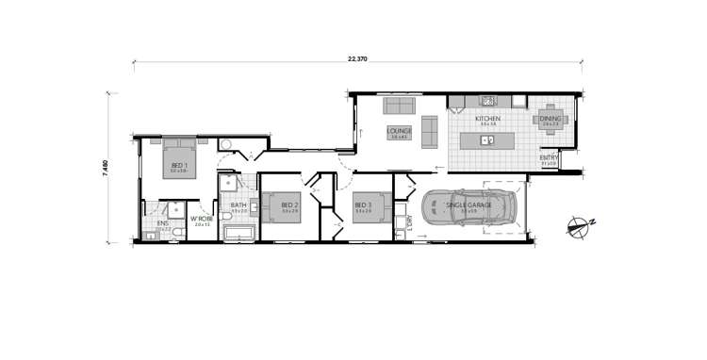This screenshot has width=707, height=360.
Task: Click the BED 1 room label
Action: pyautogui.click(x=179, y=166)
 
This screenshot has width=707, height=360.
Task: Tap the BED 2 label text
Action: pyautogui.click(x=288, y=205)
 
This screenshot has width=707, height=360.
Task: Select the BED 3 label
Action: pyautogui.click(x=363, y=205)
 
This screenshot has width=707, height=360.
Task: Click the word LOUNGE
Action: pyautogui.click(x=400, y=131)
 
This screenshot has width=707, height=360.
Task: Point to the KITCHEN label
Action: pyautogui.click(x=487, y=119)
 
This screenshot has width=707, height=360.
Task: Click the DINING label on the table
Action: pyautogui.click(x=551, y=119)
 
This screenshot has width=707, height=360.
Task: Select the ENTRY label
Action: pyautogui.click(x=549, y=157)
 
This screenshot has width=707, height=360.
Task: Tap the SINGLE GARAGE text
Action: pyautogui.click(x=469, y=205)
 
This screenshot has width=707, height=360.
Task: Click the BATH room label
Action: pyautogui.click(x=238, y=205)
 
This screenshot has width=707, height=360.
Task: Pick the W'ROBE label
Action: pyautogui.click(x=202, y=220)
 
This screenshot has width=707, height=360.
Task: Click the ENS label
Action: pyautogui.click(x=162, y=223)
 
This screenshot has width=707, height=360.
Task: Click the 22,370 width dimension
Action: pyautogui.click(x=357, y=59)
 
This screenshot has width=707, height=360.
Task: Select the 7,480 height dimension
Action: pyautogui.click(x=106, y=168)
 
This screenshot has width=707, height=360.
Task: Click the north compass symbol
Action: pyautogui.click(x=576, y=224)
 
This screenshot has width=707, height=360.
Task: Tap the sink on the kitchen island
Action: pyautogui.click(x=487, y=141)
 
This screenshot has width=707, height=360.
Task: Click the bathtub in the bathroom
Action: pyautogui.click(x=240, y=232)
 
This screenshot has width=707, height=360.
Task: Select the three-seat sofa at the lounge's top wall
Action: pyautogui.click(x=399, y=106)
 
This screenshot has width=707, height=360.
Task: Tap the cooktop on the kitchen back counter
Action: pyautogui.click(x=488, y=100)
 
